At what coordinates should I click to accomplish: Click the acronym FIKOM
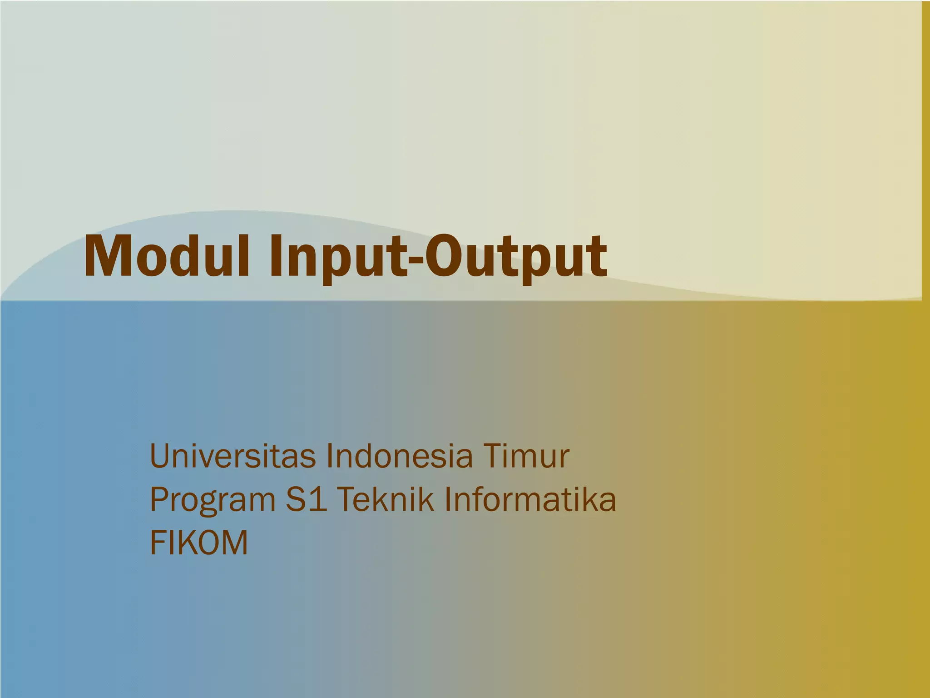[199, 543]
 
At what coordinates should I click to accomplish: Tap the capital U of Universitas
[161, 456]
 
